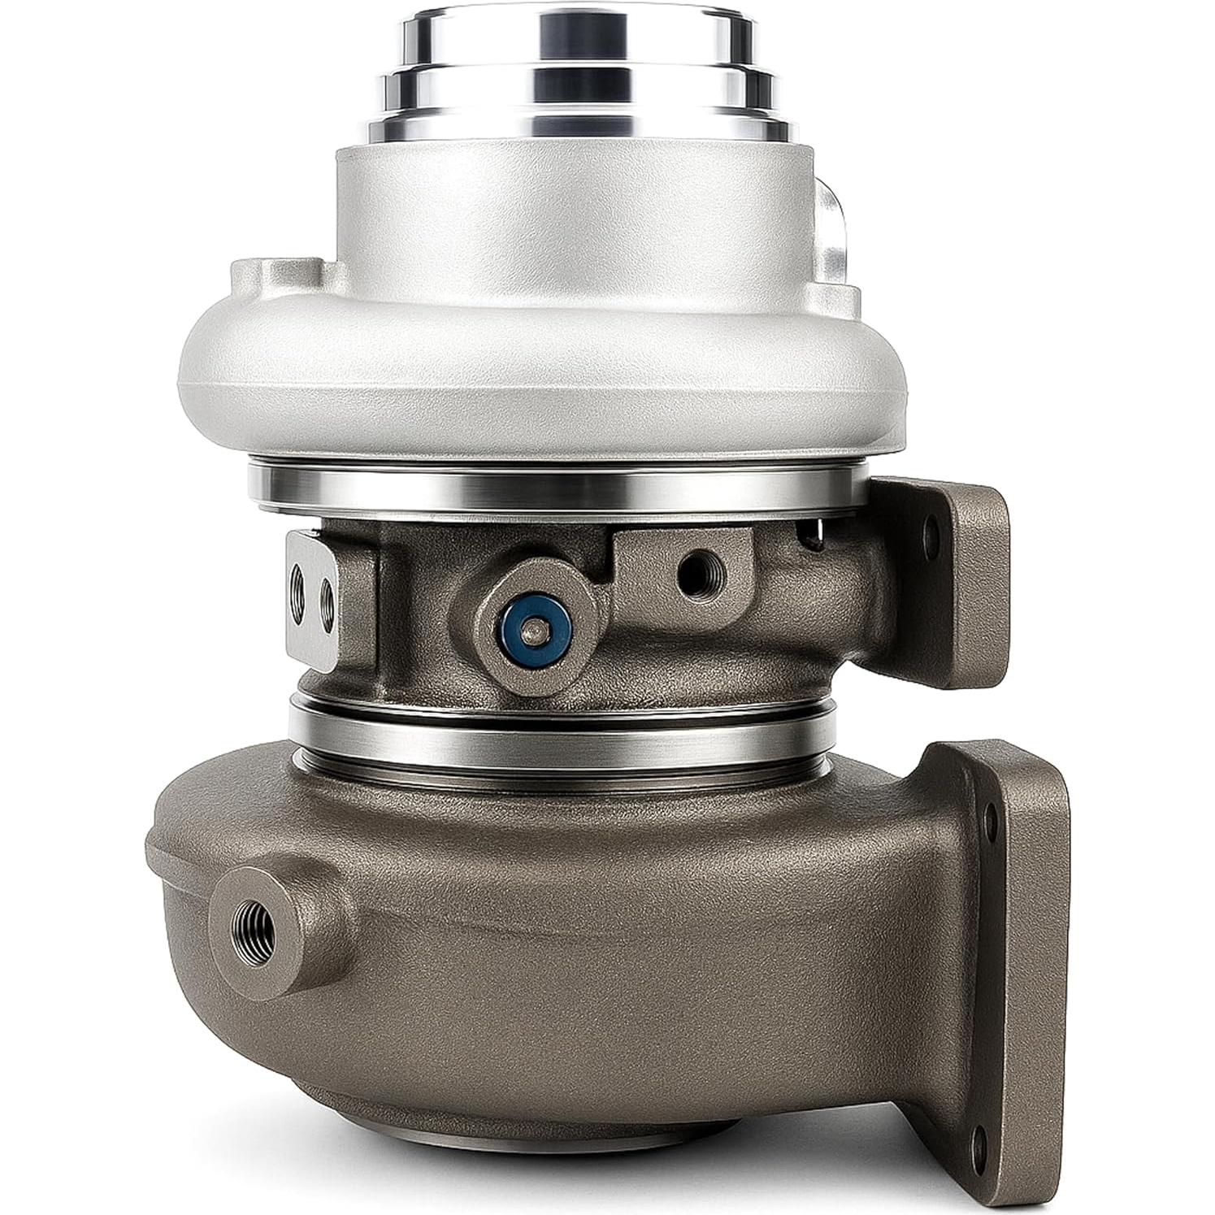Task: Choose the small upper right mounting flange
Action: (x=967, y=553)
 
